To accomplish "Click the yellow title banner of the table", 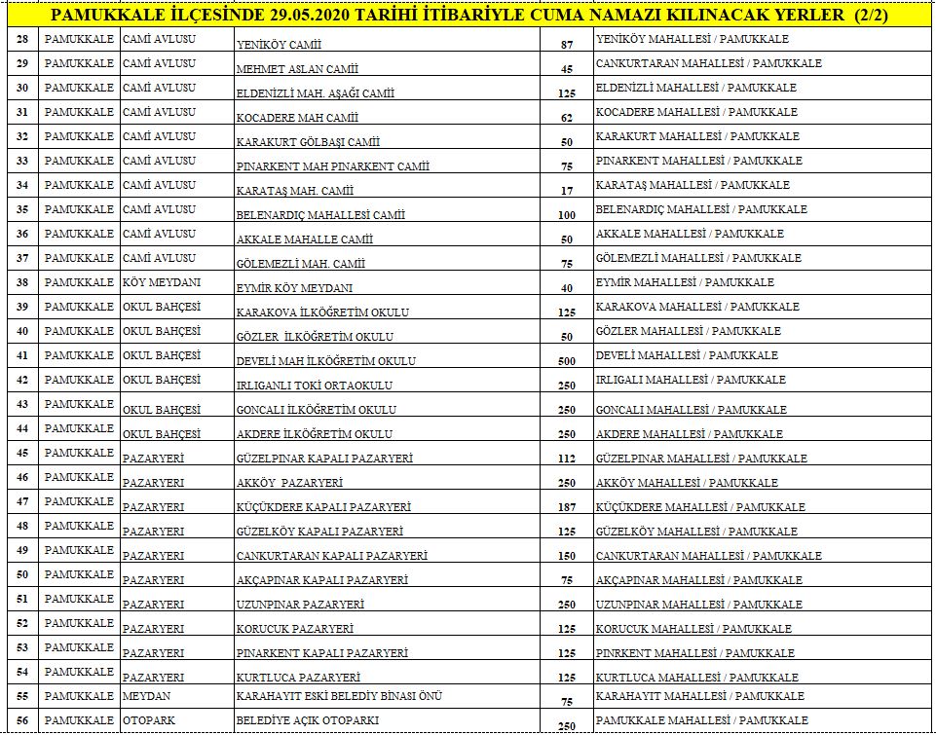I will [468, 16].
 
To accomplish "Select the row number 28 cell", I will [22, 40].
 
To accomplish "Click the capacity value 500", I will [567, 361].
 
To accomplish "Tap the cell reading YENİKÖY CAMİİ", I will [279, 45].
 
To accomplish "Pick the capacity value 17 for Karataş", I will [567, 191].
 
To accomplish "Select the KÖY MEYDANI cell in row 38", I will [162, 282].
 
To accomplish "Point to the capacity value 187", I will [567, 507].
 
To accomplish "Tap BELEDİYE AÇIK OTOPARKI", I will [308, 720].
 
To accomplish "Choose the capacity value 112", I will [567, 459].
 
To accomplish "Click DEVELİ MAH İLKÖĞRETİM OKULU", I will [326, 361].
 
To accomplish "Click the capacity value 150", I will [567, 556].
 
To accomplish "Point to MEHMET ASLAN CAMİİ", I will [297, 69].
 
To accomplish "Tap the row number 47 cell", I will [22, 501].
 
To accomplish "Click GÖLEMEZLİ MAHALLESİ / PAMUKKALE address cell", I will [698, 258].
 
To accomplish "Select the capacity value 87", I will [567, 45].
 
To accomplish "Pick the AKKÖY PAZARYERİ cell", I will [289, 483].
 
